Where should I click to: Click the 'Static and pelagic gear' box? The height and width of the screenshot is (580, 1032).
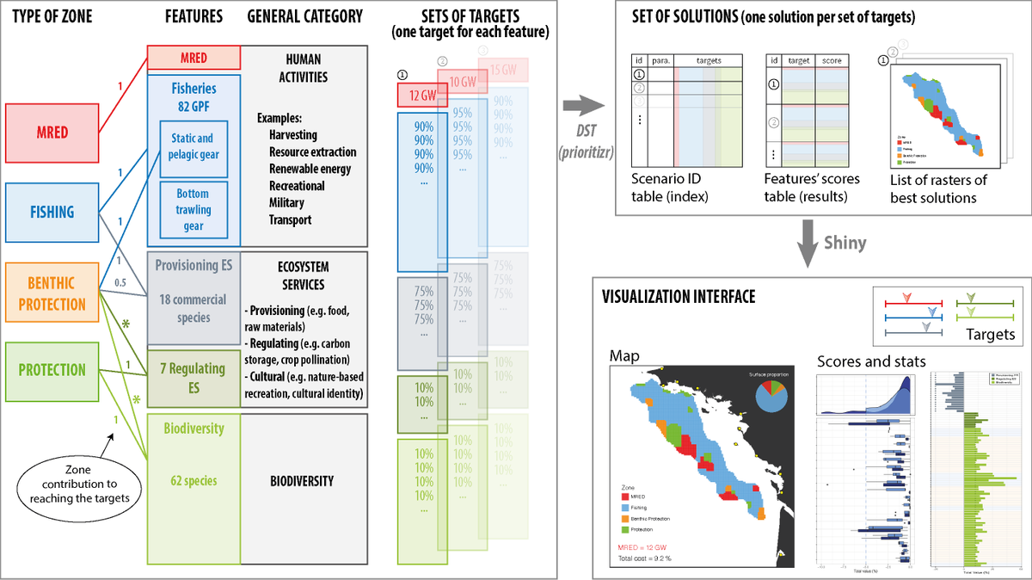pos(193,146)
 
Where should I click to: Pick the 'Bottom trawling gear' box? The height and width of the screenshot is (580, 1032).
pos(193,209)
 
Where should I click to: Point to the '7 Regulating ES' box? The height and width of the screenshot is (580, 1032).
pos(193,377)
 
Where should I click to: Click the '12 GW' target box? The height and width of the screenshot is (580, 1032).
pos(419,94)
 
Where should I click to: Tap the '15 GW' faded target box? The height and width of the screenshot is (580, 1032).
pos(507,69)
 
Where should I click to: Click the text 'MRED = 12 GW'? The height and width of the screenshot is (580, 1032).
pos(647,546)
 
